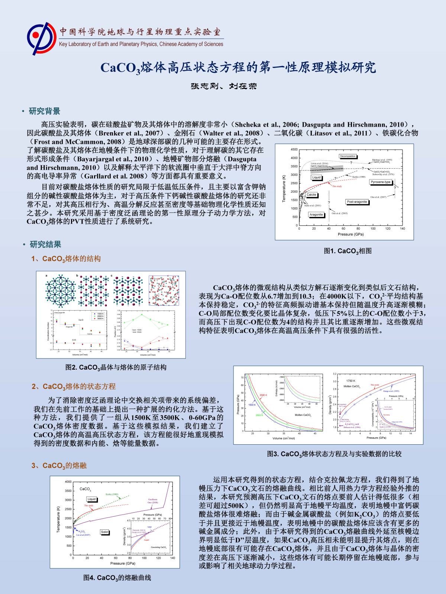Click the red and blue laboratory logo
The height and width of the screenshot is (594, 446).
[x=41, y=38]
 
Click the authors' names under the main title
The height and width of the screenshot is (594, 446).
[x=223, y=86]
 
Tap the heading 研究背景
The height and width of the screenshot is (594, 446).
[x=44, y=111]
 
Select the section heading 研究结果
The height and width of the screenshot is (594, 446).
[x=45, y=244]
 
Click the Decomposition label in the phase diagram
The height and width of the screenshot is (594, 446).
[x=348, y=156]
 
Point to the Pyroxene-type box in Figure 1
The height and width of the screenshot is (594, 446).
[x=381, y=182]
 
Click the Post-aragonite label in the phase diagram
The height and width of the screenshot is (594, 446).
[x=357, y=202]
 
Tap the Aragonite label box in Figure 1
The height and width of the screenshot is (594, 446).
[x=316, y=214]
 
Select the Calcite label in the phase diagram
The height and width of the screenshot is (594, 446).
[x=311, y=195]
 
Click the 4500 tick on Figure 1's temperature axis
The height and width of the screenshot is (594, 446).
[x=294, y=149]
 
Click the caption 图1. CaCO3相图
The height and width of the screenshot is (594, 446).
[x=348, y=251]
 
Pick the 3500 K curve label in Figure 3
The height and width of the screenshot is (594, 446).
[x=263, y=395]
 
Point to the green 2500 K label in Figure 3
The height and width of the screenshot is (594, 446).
[x=259, y=415]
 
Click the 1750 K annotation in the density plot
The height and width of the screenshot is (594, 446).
[x=350, y=381]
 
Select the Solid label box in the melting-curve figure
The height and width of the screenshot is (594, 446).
[x=104, y=532]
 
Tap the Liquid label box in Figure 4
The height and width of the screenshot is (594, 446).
[x=91, y=499]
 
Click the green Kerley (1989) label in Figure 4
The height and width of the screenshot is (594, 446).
[x=112, y=494]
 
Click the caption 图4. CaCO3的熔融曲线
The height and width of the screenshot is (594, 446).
[x=117, y=578]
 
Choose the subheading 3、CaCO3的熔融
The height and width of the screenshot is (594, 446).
[x=59, y=466]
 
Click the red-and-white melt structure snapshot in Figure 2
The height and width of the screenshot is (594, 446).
[x=164, y=290]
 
